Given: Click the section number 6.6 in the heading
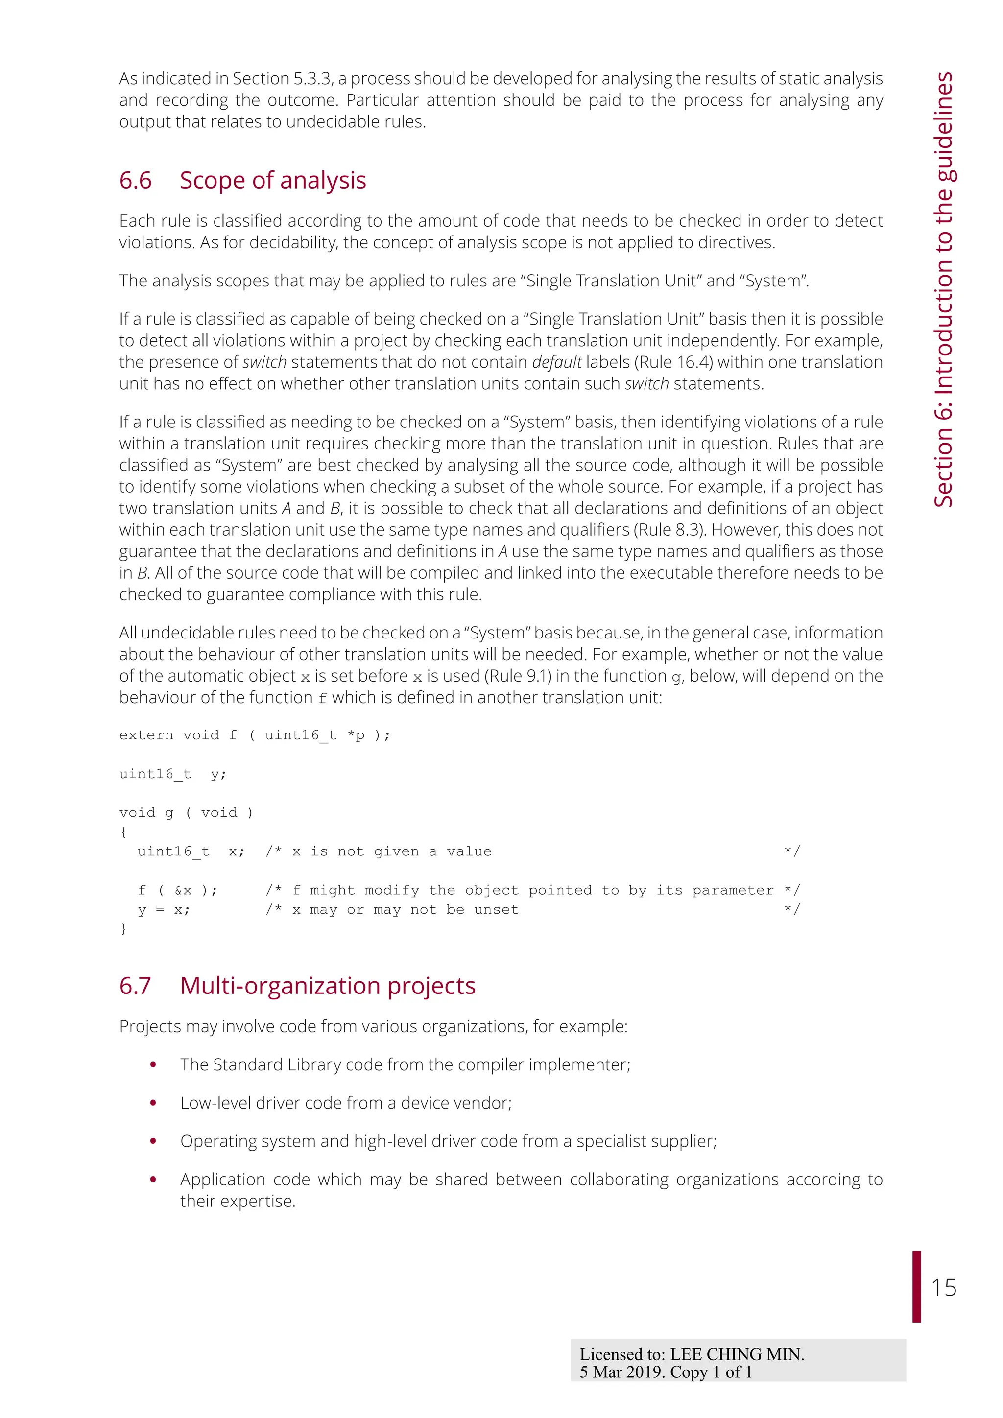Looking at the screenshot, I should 135,180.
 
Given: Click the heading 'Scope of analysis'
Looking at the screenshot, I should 272,180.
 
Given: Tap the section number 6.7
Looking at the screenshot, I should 135,986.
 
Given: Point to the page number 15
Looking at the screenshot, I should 943,1288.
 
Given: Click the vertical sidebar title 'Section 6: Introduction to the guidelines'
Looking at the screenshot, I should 943,290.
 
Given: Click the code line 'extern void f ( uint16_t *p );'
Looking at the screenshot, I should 255,735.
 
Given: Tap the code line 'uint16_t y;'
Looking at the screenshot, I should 172,774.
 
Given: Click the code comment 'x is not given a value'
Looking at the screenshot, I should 392,851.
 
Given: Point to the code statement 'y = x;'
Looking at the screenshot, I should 164,910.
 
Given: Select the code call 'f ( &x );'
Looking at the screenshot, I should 177,890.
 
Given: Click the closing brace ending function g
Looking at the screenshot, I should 123,929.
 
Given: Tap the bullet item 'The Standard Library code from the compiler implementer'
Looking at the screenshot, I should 405,1065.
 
